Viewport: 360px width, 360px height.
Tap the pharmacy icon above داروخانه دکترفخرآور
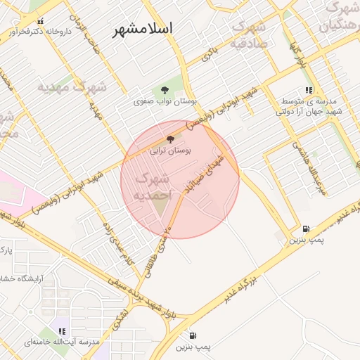[x=39, y=21]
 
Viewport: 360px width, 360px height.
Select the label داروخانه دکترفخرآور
[x=40, y=32]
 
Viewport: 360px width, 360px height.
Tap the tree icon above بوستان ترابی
[x=170, y=139]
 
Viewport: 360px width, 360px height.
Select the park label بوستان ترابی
[x=170, y=150]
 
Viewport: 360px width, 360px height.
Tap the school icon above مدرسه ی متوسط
[x=309, y=89]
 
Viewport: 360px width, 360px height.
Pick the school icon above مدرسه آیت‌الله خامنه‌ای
[x=62, y=330]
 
